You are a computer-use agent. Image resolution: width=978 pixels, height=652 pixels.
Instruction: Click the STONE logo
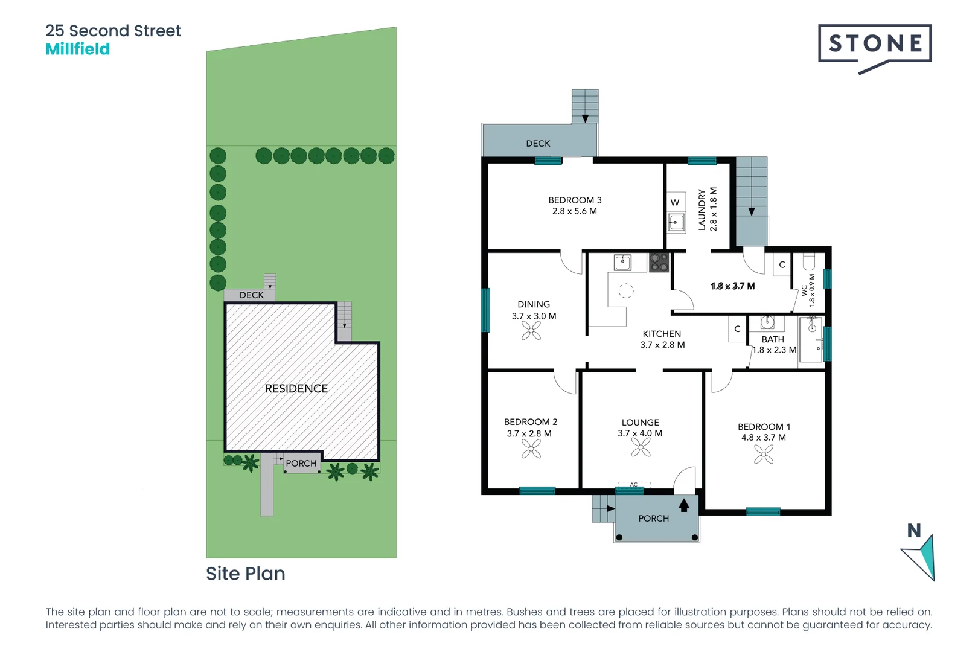(x=875, y=44)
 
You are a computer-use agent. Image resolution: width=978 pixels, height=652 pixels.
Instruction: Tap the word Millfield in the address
(x=78, y=50)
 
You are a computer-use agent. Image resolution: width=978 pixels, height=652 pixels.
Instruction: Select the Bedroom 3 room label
(x=575, y=200)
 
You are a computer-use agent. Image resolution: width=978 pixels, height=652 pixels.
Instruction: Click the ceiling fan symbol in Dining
(x=531, y=330)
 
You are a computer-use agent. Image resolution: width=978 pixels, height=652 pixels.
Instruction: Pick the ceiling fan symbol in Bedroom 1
(x=764, y=454)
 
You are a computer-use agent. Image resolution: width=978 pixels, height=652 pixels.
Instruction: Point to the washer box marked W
(x=676, y=202)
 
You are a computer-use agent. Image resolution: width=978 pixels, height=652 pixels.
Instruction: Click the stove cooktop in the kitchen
(x=659, y=263)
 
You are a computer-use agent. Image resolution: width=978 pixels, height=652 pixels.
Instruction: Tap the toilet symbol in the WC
(x=809, y=261)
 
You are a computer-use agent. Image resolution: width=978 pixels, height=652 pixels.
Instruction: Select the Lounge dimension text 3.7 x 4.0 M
(x=640, y=433)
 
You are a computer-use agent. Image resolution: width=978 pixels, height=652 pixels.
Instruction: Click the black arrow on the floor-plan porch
(x=684, y=505)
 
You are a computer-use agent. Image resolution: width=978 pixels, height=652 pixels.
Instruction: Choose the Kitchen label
(x=662, y=334)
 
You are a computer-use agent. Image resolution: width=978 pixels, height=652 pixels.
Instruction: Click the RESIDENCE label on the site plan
(x=296, y=389)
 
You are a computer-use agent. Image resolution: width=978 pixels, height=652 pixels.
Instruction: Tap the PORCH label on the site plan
(x=301, y=464)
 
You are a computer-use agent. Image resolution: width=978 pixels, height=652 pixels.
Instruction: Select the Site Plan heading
(x=246, y=574)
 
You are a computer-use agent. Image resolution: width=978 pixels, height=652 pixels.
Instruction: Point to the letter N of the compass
(x=914, y=531)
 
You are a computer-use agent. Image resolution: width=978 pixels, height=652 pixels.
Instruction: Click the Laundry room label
(x=702, y=209)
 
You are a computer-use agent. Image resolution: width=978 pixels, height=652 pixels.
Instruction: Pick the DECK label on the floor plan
(x=538, y=144)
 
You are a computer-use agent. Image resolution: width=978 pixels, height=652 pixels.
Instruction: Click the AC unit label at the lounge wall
(x=634, y=484)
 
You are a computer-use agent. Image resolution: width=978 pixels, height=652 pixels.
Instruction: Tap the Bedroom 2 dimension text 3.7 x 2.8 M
(x=529, y=433)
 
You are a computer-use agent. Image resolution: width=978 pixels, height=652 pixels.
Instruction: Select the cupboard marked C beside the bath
(x=737, y=329)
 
